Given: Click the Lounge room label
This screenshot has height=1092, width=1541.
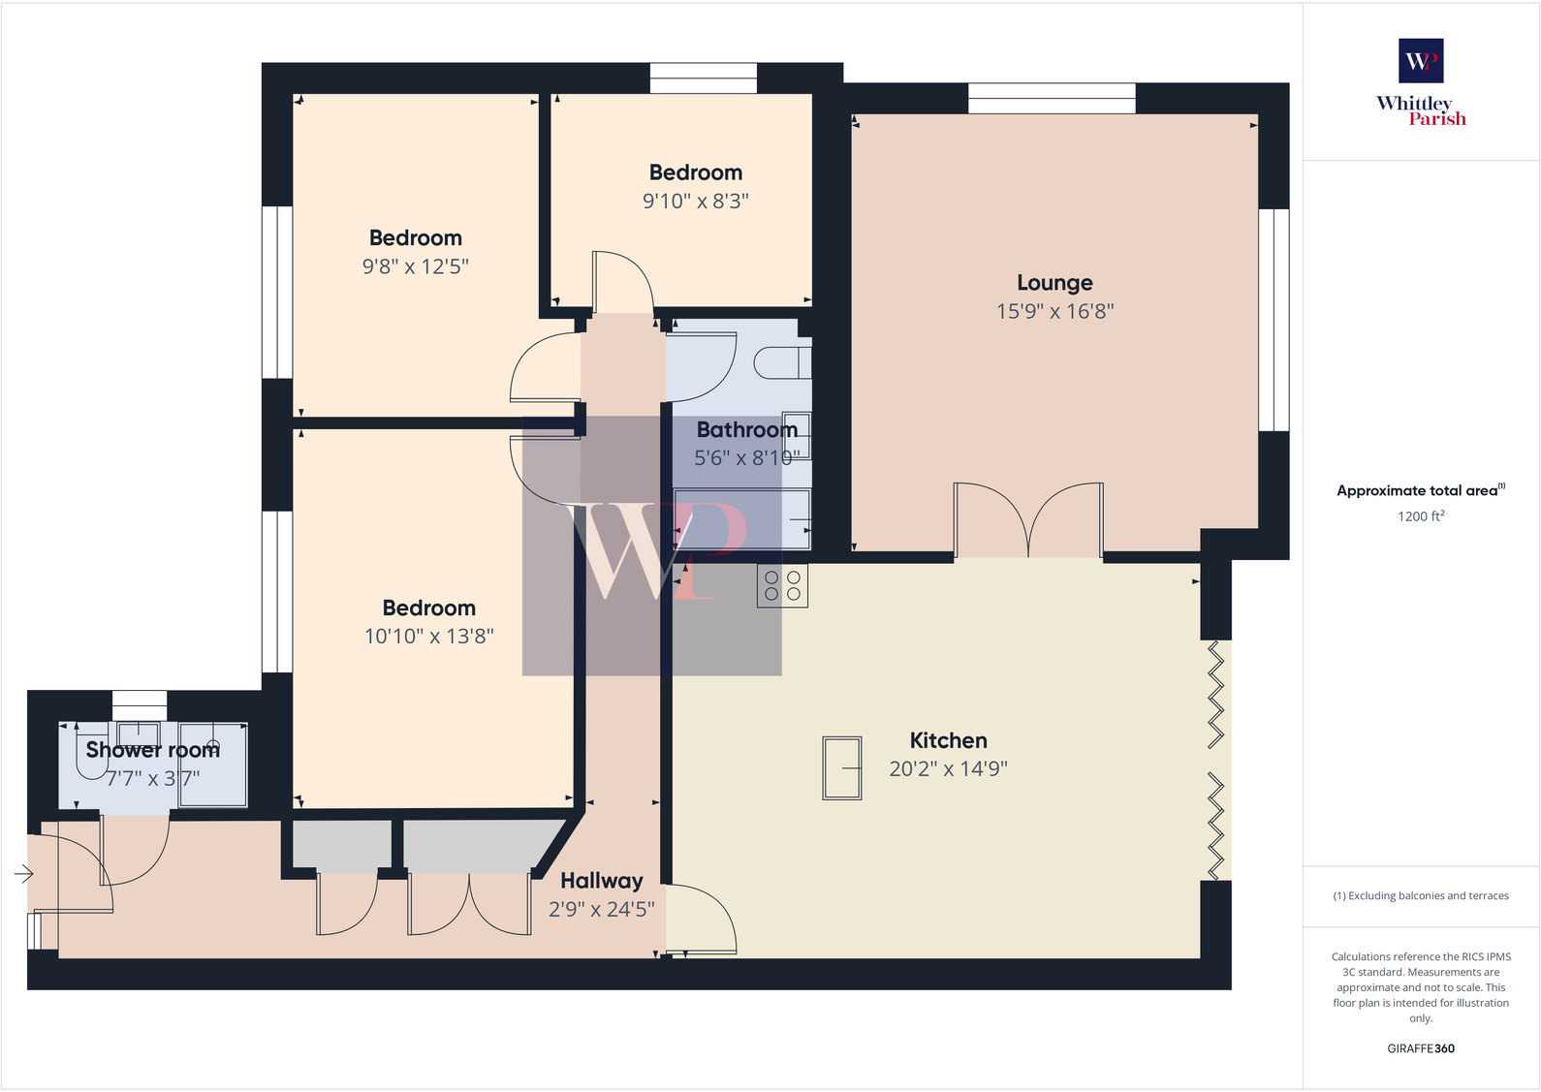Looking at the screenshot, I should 1054,283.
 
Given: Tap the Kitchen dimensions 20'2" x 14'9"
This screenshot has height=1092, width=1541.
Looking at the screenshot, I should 948,769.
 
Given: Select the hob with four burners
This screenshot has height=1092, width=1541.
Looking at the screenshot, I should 782,585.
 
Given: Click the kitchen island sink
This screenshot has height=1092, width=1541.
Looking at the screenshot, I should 841,767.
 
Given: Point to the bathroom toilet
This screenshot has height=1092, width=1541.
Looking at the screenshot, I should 781,362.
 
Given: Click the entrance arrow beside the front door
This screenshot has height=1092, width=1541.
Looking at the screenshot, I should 24,875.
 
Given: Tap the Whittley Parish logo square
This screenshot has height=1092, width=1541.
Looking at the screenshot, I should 1421,61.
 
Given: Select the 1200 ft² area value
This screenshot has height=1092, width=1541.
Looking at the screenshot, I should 1420,516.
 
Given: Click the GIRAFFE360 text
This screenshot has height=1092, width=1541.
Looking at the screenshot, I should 1420,1048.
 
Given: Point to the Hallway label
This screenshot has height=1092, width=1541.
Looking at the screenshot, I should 601,881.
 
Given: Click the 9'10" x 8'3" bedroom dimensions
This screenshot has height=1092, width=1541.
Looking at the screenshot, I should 695,202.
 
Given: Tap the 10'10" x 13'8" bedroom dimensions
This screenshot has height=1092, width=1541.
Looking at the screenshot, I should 428,637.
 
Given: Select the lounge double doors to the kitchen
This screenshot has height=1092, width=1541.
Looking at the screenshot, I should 1028,521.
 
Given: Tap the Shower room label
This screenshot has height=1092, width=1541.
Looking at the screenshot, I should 152,750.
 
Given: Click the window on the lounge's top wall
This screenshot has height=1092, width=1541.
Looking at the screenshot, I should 1052,98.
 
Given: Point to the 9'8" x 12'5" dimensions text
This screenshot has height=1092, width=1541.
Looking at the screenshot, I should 415,266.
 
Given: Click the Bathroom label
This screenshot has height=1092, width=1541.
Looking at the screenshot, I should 746,429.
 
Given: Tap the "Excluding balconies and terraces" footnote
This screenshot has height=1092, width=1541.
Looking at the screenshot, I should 1420,896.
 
